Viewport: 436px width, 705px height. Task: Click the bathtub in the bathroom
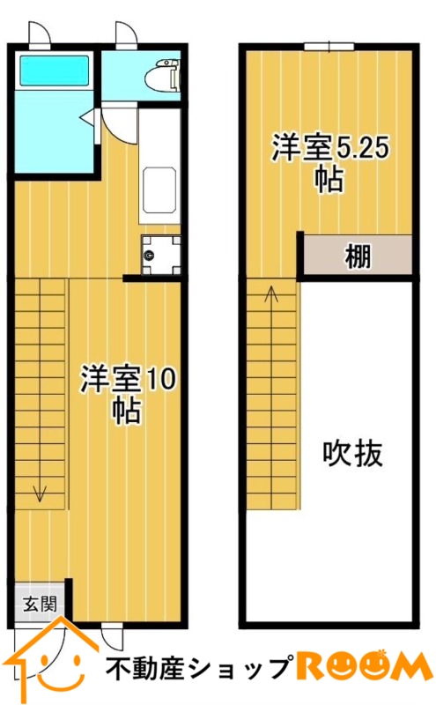(54, 70)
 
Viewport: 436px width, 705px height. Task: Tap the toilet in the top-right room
(163, 75)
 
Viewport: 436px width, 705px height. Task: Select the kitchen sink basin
(159, 190)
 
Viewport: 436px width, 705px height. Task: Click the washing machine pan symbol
(161, 255)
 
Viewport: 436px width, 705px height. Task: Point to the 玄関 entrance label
(40, 604)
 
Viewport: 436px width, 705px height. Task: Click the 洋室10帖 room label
(128, 394)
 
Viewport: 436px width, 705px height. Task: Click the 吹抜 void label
(353, 453)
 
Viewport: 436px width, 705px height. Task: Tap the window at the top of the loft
(329, 47)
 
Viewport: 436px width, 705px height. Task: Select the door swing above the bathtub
(40, 34)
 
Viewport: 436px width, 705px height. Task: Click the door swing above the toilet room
(126, 34)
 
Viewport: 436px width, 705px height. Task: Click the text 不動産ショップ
(197, 668)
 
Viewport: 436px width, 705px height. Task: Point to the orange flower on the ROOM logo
(383, 653)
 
